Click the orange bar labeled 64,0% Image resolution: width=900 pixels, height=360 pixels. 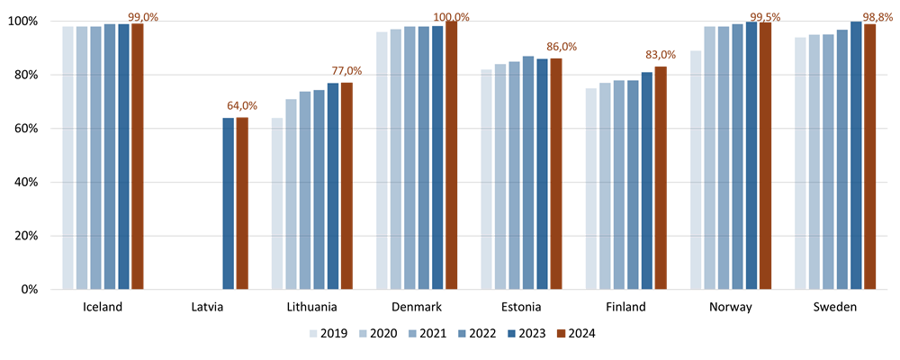[242, 202]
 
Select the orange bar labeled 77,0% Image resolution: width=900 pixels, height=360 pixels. [346, 185]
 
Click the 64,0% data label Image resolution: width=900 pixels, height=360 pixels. [242, 105]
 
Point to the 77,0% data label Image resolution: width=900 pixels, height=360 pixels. [346, 70]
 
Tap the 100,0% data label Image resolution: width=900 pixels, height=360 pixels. [452, 17]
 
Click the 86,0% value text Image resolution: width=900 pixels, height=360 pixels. [562, 47]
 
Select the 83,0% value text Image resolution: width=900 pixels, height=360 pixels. [661, 55]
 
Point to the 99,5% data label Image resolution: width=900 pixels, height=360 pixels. [765, 17]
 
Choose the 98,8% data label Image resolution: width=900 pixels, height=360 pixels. [877, 17]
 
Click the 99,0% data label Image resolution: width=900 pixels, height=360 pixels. [143, 17]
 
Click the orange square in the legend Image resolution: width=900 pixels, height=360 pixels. [561, 333]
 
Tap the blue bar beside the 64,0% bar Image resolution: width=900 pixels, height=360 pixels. [229, 202]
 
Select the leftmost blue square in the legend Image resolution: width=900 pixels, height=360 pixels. [313, 333]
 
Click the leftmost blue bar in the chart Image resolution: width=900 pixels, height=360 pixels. [67, 157]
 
